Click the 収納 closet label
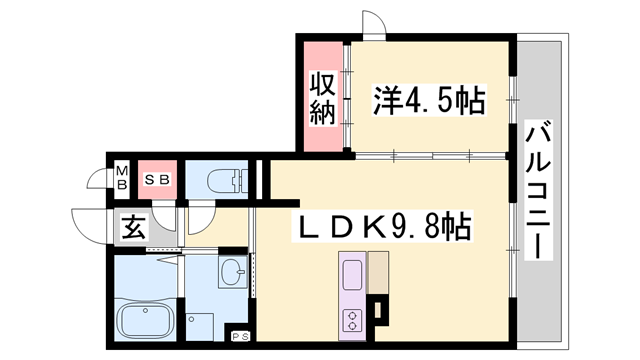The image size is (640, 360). (x=321, y=97)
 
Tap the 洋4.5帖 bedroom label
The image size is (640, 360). (x=429, y=99)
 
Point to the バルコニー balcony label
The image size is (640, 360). (x=541, y=189)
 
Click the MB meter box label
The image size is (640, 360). (x=121, y=178)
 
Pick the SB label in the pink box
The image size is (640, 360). (x=157, y=179)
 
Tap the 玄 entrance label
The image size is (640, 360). (x=133, y=227)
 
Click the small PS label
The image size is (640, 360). (x=240, y=335)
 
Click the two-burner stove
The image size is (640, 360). (x=354, y=320)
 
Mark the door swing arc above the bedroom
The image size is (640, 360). (x=372, y=24)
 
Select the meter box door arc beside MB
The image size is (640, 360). (x=98, y=181)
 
